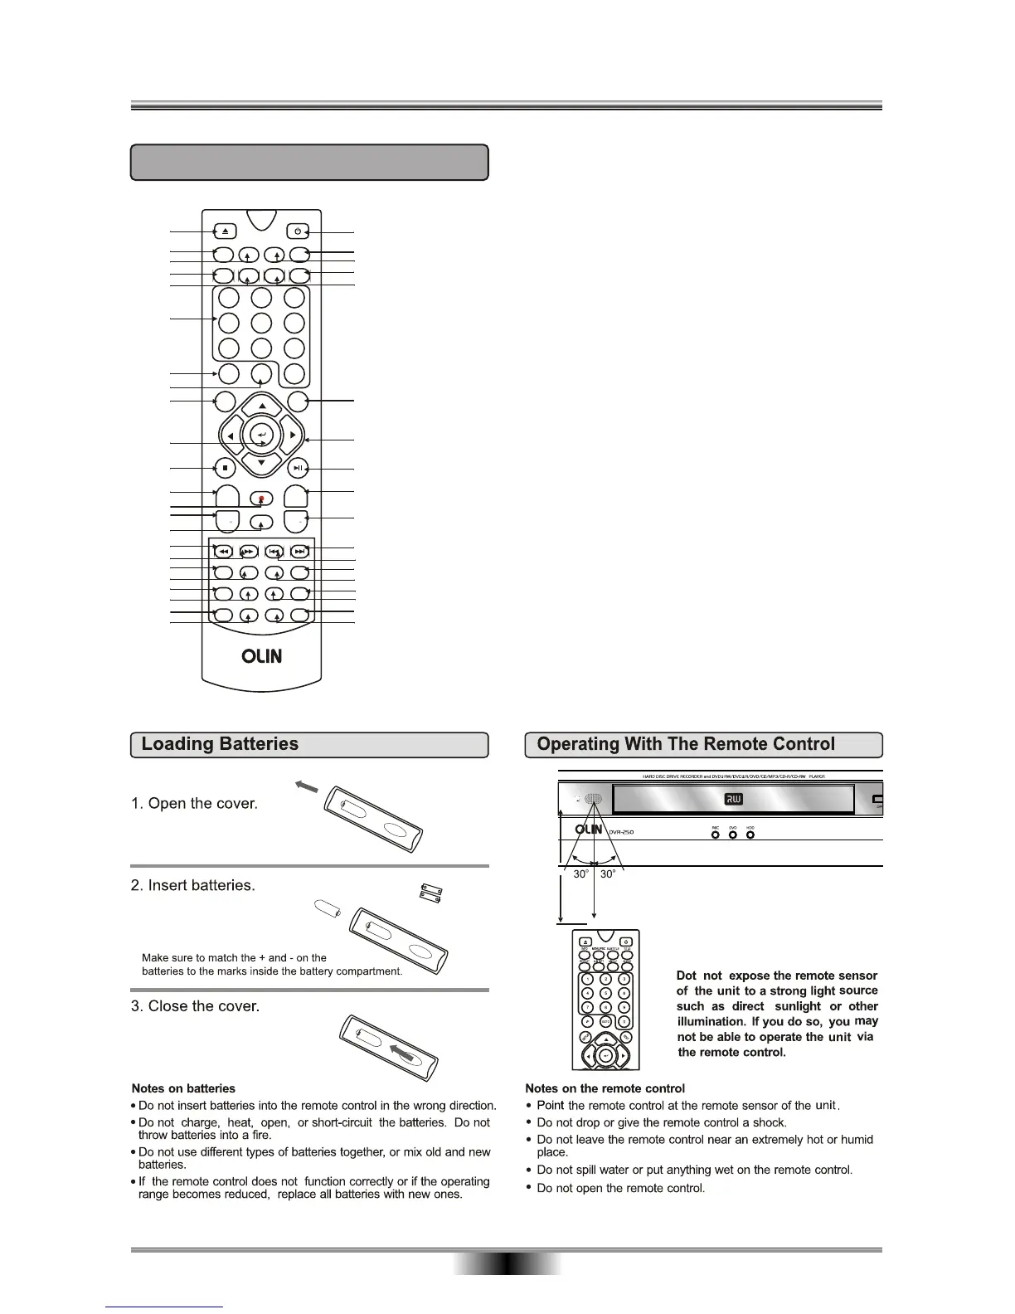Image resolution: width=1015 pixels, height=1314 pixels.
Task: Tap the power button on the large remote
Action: tap(297, 231)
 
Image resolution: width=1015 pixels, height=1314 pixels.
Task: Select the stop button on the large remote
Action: tap(225, 468)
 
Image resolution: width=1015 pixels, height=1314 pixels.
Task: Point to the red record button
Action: tap(261, 499)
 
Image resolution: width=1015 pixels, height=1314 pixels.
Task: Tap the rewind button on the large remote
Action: tap(223, 551)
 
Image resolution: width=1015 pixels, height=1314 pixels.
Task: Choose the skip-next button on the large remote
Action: tap(300, 551)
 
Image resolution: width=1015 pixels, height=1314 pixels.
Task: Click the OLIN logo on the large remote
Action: tap(261, 656)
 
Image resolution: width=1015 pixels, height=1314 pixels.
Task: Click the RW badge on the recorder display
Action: tap(733, 799)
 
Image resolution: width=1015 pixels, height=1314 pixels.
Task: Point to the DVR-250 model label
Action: tap(621, 832)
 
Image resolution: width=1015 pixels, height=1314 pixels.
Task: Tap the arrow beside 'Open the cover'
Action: tap(306, 786)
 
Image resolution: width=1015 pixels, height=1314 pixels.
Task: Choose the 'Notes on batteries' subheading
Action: tap(183, 1088)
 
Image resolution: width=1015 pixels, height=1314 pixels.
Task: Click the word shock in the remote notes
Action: tap(771, 1122)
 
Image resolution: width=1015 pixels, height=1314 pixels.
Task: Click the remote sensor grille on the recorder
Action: tap(592, 800)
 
